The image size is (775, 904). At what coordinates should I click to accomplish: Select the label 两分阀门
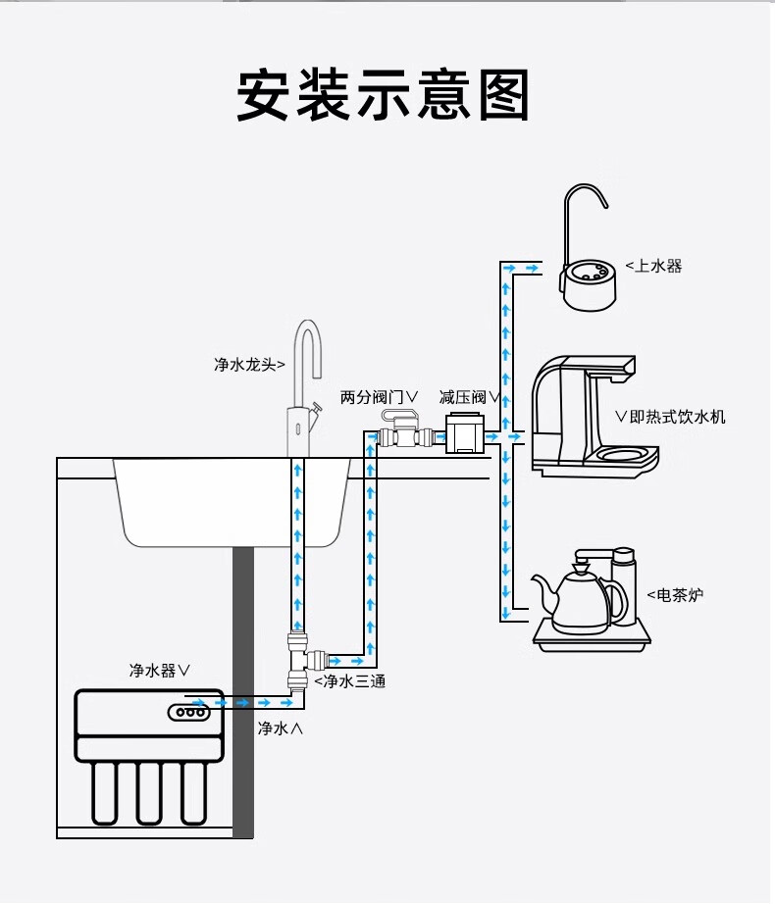(x=379, y=396)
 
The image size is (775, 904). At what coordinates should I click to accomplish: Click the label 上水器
(x=654, y=266)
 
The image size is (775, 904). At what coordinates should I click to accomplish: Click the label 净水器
(x=159, y=671)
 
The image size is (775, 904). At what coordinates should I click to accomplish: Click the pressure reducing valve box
(x=465, y=433)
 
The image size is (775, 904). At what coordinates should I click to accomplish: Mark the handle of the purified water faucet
(x=315, y=407)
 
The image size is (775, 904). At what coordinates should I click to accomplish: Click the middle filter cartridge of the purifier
(x=149, y=792)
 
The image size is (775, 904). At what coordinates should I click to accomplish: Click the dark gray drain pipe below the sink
(x=244, y=686)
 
